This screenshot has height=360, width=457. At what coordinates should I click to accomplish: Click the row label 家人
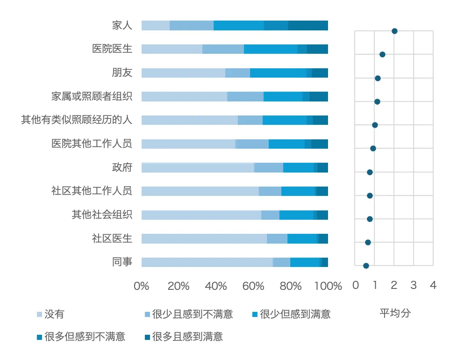click(x=122, y=25)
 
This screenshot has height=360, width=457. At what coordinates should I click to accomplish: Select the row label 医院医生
click(x=112, y=49)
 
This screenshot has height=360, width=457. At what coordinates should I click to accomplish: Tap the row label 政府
click(x=122, y=167)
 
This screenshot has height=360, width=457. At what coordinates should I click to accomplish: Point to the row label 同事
click(x=122, y=262)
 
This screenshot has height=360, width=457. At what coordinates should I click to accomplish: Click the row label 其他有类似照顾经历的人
click(x=77, y=120)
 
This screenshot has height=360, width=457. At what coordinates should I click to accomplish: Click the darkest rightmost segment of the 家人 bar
click(x=308, y=26)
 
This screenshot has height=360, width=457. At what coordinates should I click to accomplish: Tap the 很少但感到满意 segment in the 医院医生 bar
click(x=271, y=49)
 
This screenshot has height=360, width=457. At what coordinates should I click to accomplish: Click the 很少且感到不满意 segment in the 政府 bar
click(x=269, y=168)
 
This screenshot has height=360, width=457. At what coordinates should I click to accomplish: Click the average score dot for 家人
click(x=394, y=31)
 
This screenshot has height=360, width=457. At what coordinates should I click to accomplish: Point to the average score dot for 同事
click(x=366, y=266)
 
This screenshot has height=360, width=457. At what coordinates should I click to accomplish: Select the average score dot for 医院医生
click(x=382, y=55)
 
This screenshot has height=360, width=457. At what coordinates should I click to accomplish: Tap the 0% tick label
click(x=142, y=286)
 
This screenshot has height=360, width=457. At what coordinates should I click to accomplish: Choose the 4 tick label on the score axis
click(x=433, y=285)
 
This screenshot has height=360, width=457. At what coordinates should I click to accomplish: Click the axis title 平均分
click(x=395, y=313)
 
